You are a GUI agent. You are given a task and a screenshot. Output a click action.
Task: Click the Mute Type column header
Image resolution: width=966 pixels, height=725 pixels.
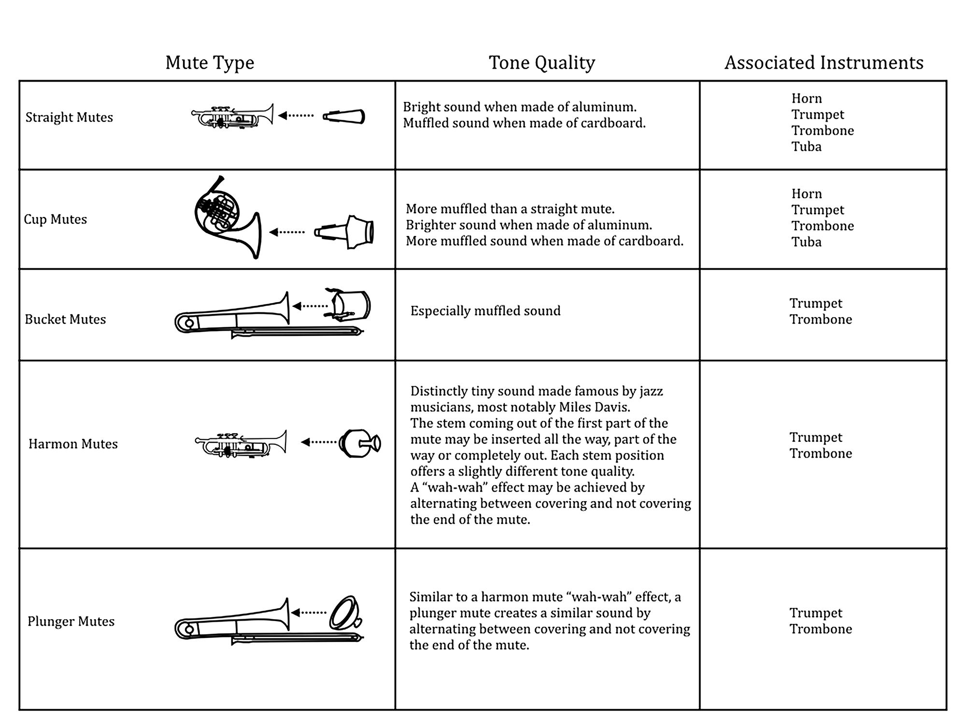click(210, 63)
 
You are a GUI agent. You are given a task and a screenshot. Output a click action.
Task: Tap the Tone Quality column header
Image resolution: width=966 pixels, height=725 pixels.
click(542, 63)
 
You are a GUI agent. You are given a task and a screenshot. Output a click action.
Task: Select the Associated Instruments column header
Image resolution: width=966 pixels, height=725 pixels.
click(824, 63)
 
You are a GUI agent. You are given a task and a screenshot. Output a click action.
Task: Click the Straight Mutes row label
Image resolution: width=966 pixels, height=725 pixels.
click(69, 117)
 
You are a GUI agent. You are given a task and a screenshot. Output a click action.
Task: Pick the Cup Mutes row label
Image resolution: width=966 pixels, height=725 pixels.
click(56, 219)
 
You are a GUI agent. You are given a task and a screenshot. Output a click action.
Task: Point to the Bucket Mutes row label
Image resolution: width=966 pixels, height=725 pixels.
click(65, 319)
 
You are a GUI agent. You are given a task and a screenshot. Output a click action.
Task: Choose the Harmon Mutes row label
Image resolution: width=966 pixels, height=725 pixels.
click(73, 444)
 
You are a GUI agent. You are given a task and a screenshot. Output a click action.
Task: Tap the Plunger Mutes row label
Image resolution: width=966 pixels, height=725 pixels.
click(71, 622)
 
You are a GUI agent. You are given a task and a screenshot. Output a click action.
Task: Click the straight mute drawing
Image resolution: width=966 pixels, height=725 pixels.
click(344, 116)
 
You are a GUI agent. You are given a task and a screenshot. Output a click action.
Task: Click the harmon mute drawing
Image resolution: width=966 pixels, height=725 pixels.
click(360, 442)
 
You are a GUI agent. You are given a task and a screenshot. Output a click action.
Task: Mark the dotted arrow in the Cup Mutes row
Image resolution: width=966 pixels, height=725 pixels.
click(287, 232)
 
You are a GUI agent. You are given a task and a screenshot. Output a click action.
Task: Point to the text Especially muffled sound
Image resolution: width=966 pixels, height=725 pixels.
click(485, 311)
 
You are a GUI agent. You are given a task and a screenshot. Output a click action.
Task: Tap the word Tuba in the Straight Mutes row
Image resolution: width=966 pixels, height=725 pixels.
click(806, 147)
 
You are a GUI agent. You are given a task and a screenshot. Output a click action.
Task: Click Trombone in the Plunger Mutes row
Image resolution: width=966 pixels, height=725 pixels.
click(821, 629)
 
